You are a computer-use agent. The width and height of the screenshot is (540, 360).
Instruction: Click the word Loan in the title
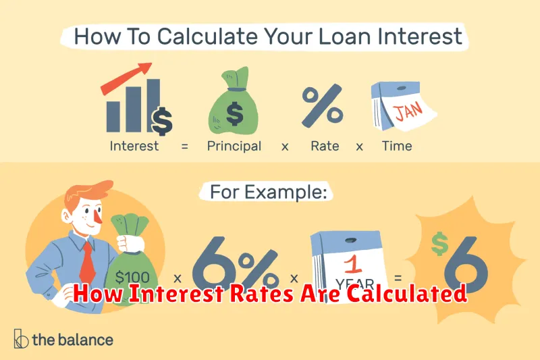click(x=344, y=36)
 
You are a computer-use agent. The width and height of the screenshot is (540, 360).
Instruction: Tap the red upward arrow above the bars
click(x=126, y=78)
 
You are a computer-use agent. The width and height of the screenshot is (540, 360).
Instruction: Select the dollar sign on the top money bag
click(x=235, y=113)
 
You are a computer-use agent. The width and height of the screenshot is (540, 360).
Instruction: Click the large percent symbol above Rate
click(x=323, y=106)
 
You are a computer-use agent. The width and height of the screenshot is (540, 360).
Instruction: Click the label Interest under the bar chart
click(x=134, y=146)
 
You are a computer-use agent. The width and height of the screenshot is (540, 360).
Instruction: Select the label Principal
click(x=234, y=147)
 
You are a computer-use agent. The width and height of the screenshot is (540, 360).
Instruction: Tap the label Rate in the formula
click(x=325, y=146)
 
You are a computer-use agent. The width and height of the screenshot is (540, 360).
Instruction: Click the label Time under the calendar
click(x=397, y=146)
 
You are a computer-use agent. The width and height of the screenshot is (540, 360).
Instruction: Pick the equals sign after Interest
click(x=184, y=147)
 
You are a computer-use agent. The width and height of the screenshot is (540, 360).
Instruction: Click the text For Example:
click(x=268, y=192)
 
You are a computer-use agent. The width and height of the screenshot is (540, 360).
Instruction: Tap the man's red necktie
click(x=88, y=262)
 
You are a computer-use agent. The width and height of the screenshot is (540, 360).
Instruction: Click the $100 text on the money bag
click(x=132, y=278)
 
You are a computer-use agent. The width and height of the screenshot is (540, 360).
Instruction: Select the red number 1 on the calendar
click(x=352, y=263)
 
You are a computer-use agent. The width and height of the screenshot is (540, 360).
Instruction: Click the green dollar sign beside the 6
click(x=440, y=244)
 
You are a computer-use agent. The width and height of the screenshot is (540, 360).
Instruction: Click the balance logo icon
click(x=21, y=338)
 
